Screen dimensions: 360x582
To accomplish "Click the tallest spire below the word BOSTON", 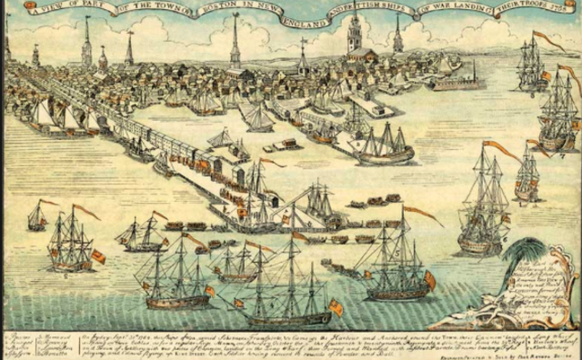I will click(x=236, y=41).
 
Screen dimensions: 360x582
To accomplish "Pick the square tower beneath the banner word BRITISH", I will click(x=355, y=36).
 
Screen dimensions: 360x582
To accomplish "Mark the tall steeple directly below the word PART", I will click(x=86, y=41).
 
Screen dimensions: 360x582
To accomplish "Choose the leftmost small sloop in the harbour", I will click(x=36, y=216).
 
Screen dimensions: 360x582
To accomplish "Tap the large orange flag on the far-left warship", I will click(x=97, y=256).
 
